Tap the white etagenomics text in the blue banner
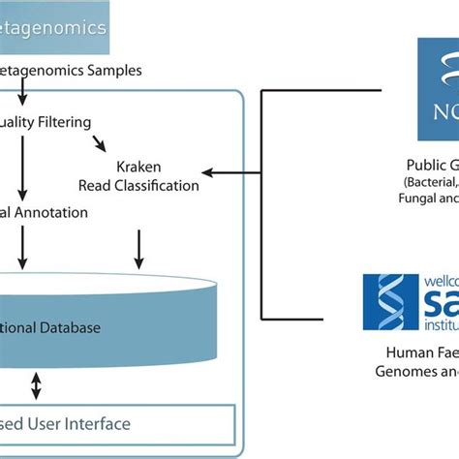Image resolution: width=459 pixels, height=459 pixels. (x=61, y=28)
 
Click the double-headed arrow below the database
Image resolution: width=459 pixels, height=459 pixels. (x=37, y=387)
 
